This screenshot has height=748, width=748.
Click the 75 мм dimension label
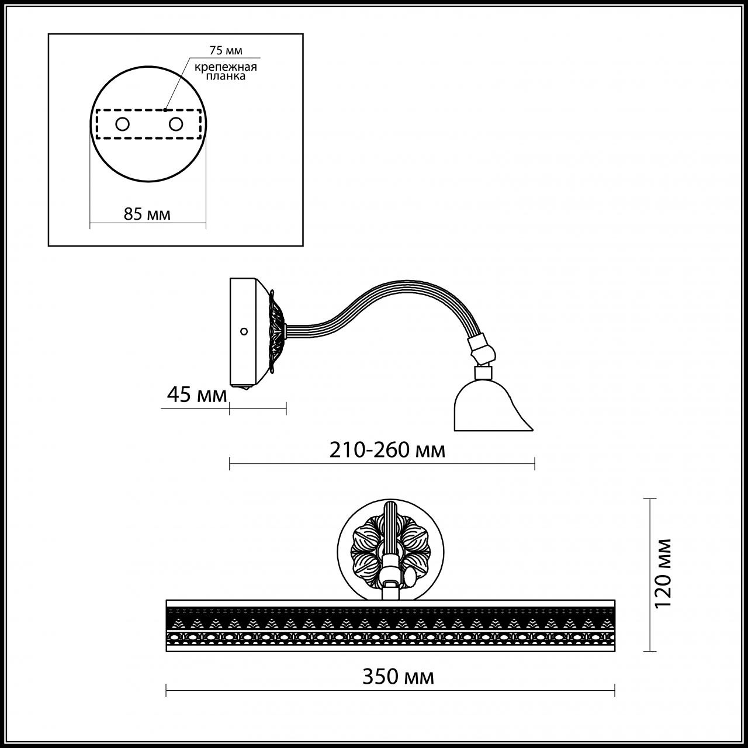coord(226,50)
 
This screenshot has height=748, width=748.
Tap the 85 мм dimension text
coord(147,214)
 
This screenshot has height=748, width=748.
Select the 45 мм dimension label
coord(197,395)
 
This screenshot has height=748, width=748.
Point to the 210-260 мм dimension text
coord(387,451)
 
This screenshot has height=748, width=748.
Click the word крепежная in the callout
coord(226,67)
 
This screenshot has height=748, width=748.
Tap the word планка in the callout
coord(226,76)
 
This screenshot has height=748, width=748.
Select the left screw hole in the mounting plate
coord(122,124)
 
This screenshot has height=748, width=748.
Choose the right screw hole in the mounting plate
coord(175,124)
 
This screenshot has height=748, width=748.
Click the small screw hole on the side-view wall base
coord(244,331)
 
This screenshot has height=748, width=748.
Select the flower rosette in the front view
coord(390,552)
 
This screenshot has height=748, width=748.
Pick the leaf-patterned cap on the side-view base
coord(277,333)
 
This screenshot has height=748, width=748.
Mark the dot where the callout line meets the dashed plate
coord(165,110)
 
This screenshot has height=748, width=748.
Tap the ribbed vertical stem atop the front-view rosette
coord(390,529)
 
